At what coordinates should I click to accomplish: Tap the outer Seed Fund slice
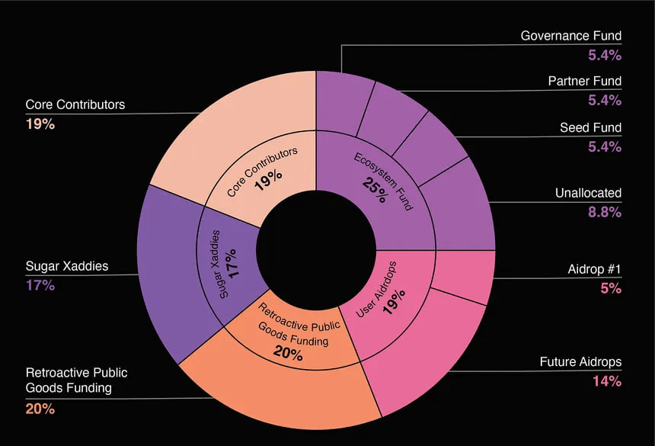click(434, 145)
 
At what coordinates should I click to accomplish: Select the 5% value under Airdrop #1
click(612, 289)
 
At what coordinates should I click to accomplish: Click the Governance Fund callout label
click(571, 36)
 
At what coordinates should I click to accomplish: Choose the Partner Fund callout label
click(585, 81)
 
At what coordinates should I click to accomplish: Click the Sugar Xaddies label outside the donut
click(67, 267)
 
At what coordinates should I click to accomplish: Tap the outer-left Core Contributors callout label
click(75, 104)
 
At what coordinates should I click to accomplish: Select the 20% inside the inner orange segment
click(288, 355)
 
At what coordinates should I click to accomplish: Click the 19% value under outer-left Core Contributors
click(40, 124)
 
